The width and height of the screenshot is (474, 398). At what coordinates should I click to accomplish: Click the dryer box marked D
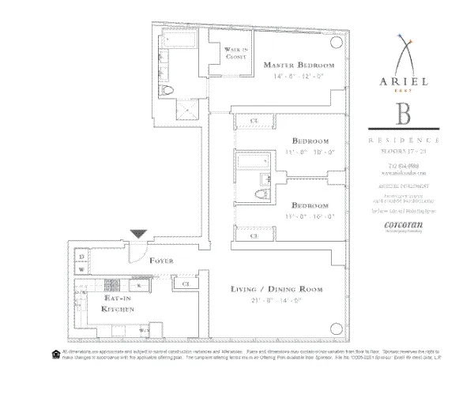pos(81,257)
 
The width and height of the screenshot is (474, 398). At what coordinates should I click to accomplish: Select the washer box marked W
pos(81,269)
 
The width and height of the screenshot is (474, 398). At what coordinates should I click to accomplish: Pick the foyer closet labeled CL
pos(185,283)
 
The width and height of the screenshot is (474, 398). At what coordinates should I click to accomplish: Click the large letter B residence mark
pos(403,112)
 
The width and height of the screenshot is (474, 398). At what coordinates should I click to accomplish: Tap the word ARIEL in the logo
pos(403,81)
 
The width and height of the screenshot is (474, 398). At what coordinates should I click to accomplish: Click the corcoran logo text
pos(403,223)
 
